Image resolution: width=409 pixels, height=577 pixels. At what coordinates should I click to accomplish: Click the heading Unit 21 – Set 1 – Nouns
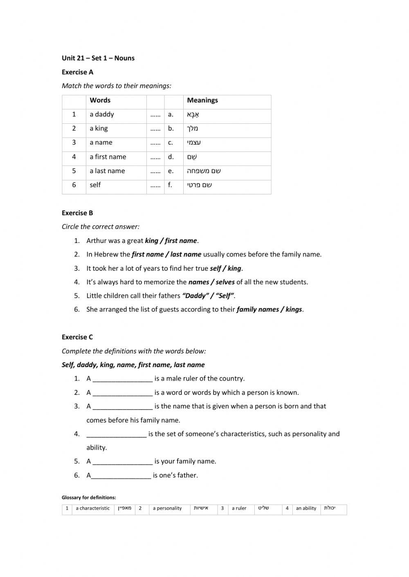[x=98, y=58]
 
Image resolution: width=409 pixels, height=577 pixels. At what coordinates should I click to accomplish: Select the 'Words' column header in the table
[x=100, y=100]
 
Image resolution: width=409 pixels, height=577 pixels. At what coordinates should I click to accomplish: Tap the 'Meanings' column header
[x=202, y=100]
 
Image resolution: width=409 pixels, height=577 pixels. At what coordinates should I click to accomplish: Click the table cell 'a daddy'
[x=102, y=114]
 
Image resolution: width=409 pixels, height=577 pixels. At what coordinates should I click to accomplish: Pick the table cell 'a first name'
[x=108, y=157]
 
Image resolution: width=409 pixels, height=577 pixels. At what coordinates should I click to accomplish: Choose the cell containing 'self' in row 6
[x=95, y=185]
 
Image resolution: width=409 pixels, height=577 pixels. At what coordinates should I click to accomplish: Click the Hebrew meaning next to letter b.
[x=193, y=129]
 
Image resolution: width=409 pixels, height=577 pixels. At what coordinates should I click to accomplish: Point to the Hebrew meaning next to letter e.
[x=204, y=171]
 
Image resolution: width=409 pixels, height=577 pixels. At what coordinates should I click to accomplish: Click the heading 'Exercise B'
[x=77, y=213]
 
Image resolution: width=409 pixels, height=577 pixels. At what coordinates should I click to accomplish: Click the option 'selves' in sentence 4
[x=225, y=282]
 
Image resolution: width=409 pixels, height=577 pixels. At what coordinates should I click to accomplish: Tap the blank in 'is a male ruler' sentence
[x=123, y=379]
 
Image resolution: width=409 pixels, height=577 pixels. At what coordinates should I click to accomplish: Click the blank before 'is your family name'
[x=123, y=461]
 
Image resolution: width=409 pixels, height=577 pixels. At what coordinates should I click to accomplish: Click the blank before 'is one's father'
[x=121, y=475]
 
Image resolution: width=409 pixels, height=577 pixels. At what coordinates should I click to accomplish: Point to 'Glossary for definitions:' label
[x=89, y=497]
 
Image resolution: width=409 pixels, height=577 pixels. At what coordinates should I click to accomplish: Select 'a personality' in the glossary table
[x=167, y=508]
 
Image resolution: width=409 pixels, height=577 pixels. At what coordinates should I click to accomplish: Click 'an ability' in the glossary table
[x=306, y=508]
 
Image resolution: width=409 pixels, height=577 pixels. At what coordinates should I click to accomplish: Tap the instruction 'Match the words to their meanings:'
[x=117, y=86]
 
